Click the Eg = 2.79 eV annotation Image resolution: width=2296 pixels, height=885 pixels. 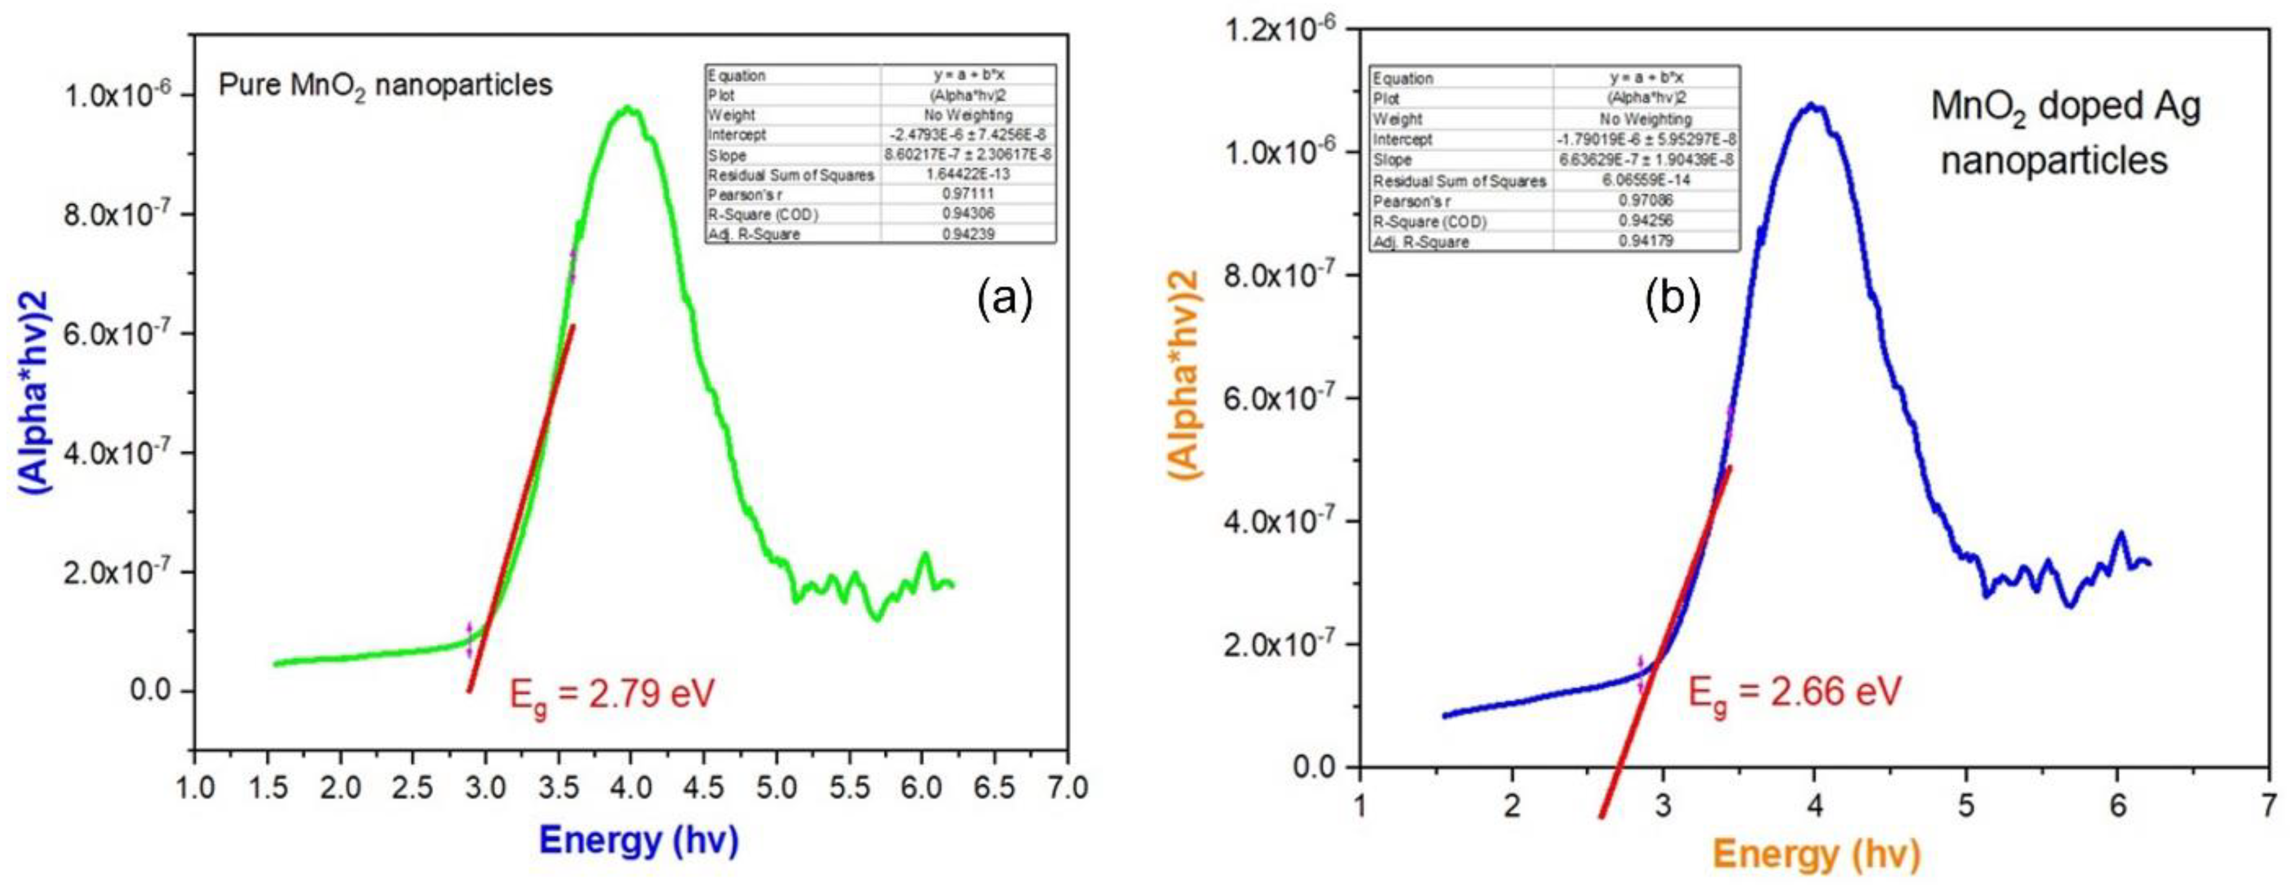point(611,694)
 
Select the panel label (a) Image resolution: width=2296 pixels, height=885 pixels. point(1005,299)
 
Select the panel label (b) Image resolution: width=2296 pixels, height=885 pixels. point(1672,299)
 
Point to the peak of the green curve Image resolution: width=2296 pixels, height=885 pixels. point(630,109)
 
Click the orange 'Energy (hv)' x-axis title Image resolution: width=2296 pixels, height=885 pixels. point(1815,854)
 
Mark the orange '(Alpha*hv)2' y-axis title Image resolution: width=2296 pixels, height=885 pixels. point(1185,375)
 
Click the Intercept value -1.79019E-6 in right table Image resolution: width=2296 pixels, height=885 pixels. point(1646,140)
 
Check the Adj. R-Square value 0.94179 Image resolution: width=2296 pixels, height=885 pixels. point(1646,241)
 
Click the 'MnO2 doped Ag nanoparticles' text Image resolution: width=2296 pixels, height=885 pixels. point(2065,134)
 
